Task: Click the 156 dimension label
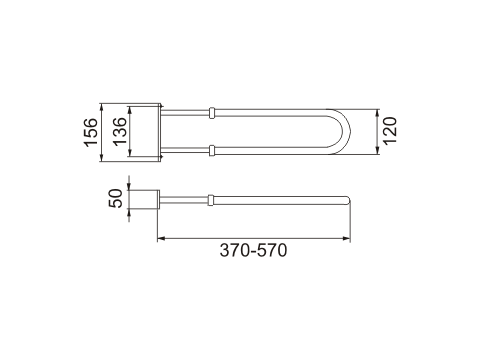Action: [x=91, y=132]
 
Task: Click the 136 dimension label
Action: [x=120, y=131]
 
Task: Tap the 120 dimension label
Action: [x=390, y=131]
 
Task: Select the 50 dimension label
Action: [x=116, y=198]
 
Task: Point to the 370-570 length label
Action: [x=253, y=250]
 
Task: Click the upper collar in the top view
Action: [x=212, y=113]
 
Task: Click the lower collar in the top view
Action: [x=212, y=150]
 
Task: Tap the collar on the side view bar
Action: [x=211, y=200]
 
